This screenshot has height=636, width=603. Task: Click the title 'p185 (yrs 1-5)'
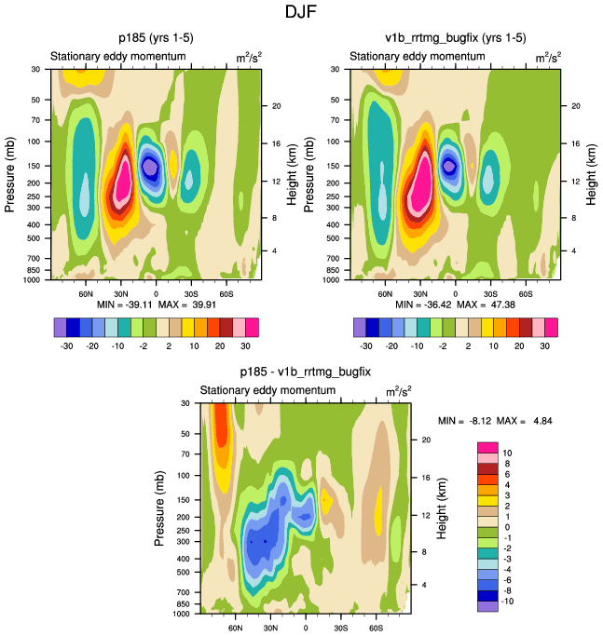pyautogui.click(x=155, y=38)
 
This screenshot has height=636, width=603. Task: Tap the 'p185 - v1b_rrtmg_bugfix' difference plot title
pyautogui.click(x=305, y=372)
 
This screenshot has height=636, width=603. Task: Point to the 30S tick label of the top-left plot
pyautogui.click(x=191, y=292)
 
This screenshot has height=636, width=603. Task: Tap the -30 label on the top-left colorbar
pyautogui.click(x=68, y=345)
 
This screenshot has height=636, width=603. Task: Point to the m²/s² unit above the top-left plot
pyautogui.click(x=248, y=58)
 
